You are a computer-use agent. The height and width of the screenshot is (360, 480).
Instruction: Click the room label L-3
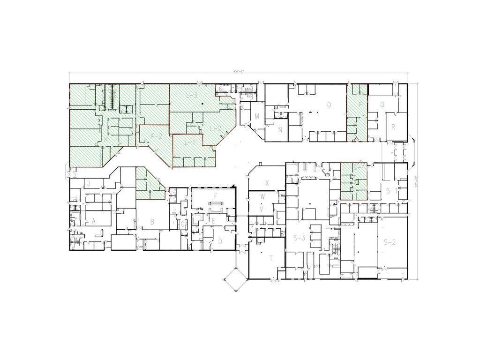(192, 96)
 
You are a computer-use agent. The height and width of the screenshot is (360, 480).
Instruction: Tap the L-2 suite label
(215, 128)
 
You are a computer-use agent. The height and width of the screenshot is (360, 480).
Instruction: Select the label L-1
(189, 142)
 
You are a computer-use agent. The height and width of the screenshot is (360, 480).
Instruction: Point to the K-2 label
(156, 136)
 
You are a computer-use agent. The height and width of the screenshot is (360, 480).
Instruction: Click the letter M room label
(257, 116)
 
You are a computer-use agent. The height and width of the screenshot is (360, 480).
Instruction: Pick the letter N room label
(280, 130)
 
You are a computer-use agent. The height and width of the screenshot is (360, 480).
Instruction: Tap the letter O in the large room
(329, 105)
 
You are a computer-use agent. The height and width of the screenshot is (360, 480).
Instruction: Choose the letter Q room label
(382, 105)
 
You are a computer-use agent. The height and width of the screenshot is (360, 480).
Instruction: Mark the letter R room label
(393, 127)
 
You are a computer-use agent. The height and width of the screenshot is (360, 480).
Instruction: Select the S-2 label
(390, 242)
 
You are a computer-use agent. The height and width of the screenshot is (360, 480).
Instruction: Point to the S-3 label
(299, 238)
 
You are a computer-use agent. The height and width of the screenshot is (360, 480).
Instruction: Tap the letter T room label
(270, 258)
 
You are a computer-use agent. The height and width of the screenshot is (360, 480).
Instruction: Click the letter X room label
(267, 182)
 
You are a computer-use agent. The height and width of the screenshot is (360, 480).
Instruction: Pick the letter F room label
(215, 195)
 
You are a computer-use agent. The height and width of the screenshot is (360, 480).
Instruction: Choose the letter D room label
(220, 242)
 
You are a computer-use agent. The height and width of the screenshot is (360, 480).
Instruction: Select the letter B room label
(152, 222)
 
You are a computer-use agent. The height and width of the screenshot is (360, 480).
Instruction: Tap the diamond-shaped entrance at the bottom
(235, 278)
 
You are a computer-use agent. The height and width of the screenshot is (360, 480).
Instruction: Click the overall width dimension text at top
(240, 71)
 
